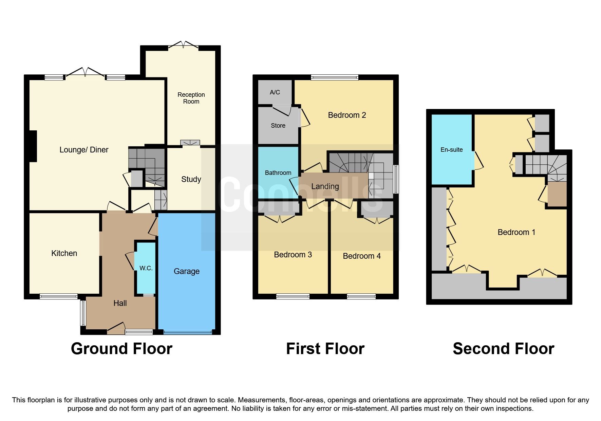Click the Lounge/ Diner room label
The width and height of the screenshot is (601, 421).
(x=84, y=150)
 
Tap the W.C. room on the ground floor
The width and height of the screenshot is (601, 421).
(x=146, y=268)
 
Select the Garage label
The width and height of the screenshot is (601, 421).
(x=186, y=271)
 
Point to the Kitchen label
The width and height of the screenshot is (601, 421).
(x=64, y=253)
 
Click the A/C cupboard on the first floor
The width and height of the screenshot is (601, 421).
(x=275, y=92)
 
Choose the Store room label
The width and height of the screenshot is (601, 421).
(x=278, y=126)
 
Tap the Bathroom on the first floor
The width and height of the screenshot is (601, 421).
(x=278, y=172)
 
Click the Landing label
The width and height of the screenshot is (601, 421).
(x=325, y=186)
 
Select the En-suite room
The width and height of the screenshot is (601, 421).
(x=451, y=150)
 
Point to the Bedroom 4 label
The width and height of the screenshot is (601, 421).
(x=362, y=256)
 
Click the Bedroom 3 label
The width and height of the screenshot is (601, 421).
(x=293, y=255)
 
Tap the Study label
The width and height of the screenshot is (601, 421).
(x=191, y=179)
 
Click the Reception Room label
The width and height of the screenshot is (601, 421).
(x=191, y=98)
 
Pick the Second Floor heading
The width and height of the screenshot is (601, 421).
(x=503, y=349)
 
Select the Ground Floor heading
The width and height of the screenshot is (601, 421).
(x=121, y=349)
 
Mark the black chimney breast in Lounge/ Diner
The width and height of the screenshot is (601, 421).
(x=33, y=146)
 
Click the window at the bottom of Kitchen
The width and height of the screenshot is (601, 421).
(x=59, y=296)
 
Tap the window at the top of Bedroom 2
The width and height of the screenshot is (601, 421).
(x=335, y=77)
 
